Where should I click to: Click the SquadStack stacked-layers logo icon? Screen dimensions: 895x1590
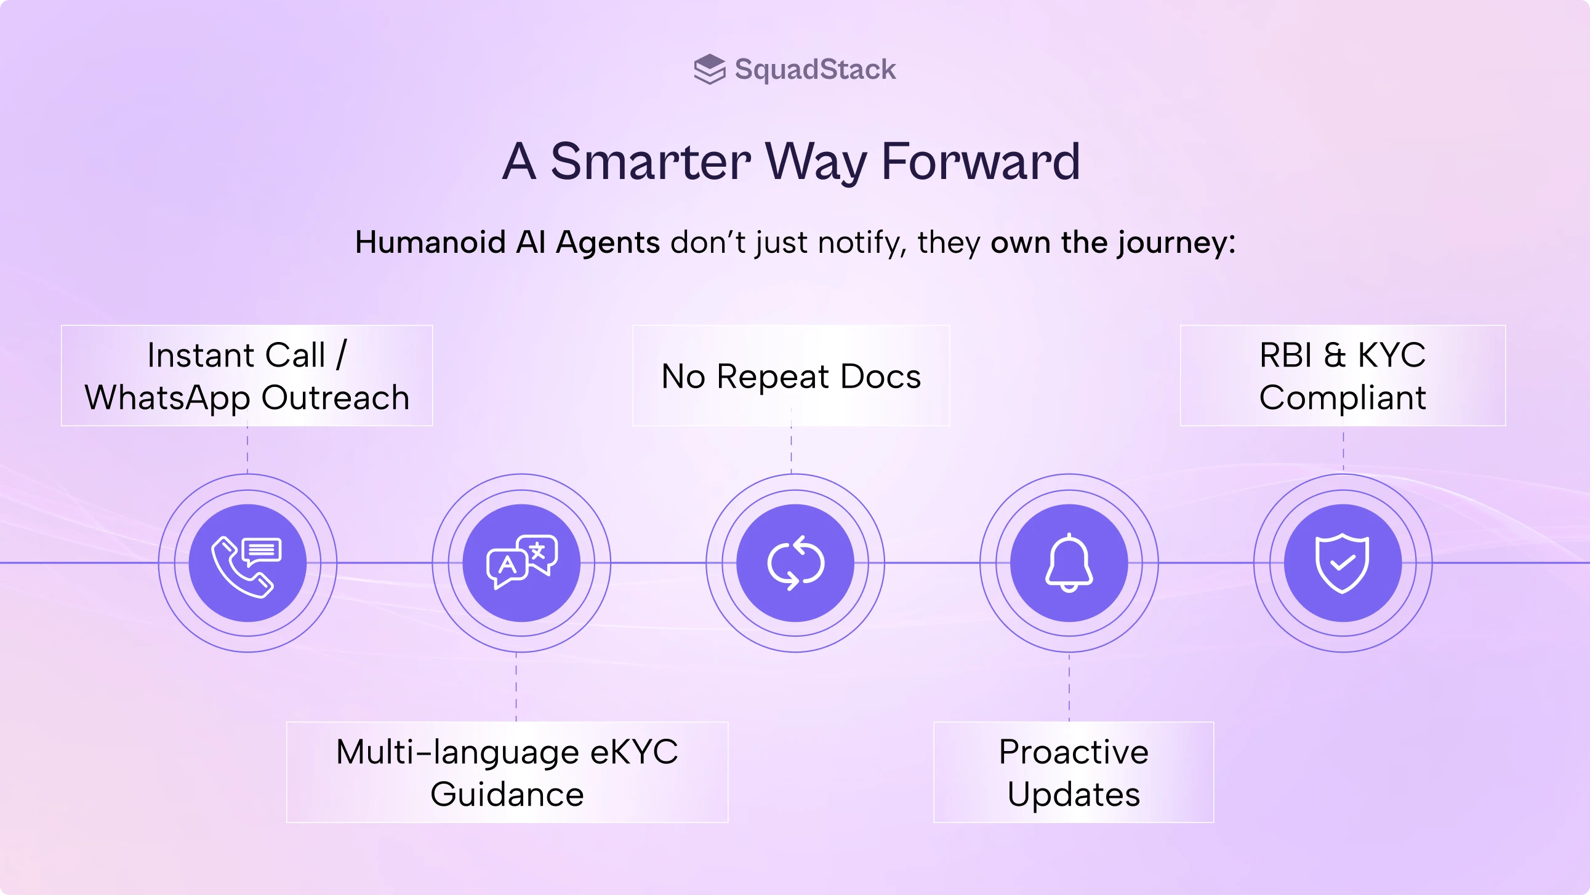(709, 69)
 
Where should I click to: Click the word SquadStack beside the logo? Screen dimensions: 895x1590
(815, 69)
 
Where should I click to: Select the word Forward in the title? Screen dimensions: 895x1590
(980, 162)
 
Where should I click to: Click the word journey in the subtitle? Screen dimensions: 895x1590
(1171, 242)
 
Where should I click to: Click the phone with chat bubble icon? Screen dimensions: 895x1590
(247, 563)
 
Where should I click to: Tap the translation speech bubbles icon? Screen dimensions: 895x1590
(521, 563)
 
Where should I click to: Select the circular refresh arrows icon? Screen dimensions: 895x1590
(795, 563)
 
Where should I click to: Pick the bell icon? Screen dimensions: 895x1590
(1069, 563)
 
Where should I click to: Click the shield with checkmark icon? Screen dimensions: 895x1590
(1343, 563)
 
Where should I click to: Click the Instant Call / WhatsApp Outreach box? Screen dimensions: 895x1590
(247, 376)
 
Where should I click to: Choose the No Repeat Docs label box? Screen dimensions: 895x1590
(790, 376)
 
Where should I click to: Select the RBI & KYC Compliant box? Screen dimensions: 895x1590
(1343, 376)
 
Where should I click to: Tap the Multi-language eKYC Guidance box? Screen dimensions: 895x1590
(507, 772)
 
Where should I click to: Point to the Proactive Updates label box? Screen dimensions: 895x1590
(1074, 772)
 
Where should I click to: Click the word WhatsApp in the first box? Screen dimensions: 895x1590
(167, 398)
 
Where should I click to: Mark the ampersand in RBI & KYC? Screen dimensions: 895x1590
(1334, 356)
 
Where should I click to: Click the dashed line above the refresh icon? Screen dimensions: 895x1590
(791, 449)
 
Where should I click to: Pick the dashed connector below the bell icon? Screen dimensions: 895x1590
(1069, 686)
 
